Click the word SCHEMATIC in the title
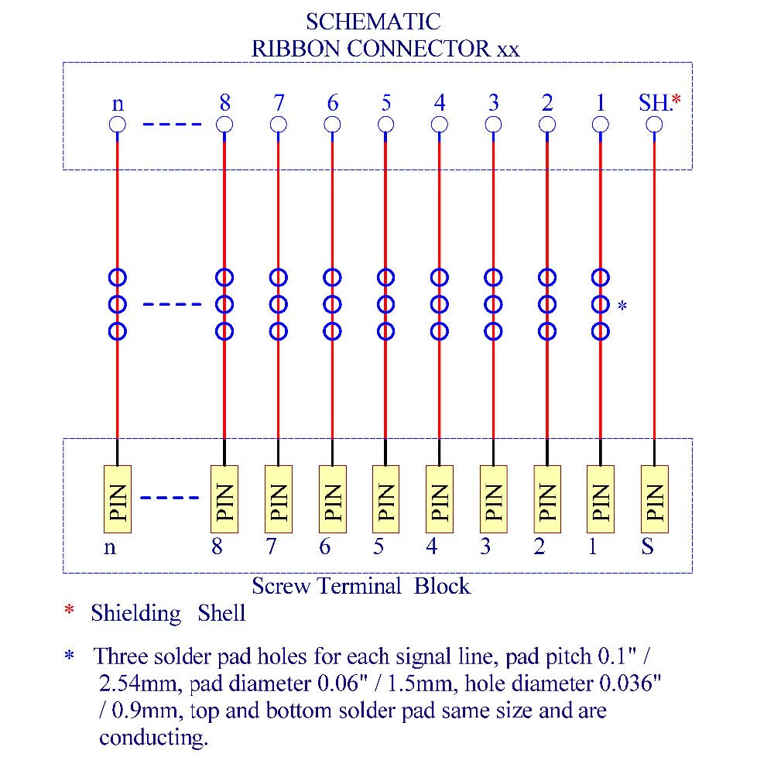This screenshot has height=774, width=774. pos(374,21)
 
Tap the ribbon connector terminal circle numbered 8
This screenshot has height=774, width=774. pos(224,125)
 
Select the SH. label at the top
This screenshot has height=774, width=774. pos(655,102)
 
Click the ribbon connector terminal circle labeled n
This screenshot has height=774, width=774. pos(117,125)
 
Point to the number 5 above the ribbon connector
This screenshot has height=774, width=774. pos(385,103)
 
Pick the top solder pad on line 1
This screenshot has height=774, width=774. pos(600,276)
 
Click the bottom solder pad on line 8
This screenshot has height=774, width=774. pos(224,331)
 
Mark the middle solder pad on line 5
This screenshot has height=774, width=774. pos(385,303)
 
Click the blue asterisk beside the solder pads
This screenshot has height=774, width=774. pos(622,307)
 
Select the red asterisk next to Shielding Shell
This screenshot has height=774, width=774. pos(69,612)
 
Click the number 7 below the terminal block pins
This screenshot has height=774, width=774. pos(270,547)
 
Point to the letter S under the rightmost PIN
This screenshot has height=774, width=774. pos(647,547)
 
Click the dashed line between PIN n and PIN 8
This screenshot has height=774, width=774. pos(170,497)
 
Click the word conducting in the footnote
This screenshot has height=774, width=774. pos(153,738)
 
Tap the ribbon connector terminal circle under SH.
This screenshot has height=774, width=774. pos(654,125)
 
